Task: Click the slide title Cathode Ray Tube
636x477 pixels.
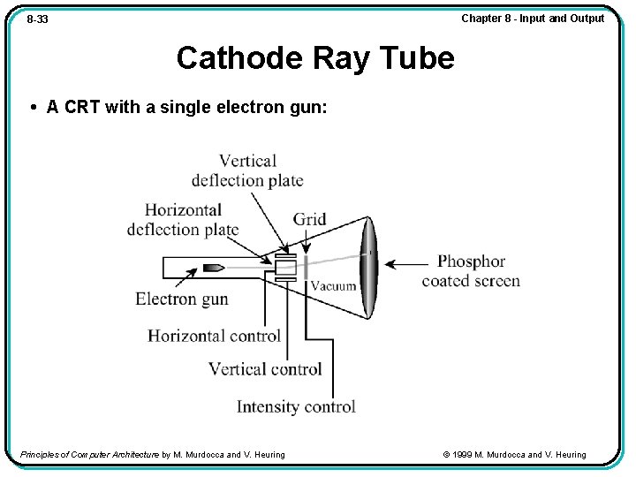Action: click(x=315, y=58)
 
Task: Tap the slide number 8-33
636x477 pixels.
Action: click(x=37, y=19)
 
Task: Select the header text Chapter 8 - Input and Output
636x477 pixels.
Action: click(x=533, y=18)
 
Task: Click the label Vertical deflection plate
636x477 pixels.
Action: click(x=247, y=170)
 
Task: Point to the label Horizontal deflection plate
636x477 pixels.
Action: click(x=183, y=220)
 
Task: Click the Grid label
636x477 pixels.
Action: click(x=309, y=219)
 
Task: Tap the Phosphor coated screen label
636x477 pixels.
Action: click(x=471, y=271)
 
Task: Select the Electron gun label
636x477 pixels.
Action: click(x=181, y=299)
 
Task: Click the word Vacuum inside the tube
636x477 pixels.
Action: click(x=333, y=285)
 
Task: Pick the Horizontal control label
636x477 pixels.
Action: click(x=214, y=336)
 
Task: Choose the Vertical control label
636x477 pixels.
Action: click(x=265, y=369)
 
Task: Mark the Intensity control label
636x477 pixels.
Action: click(x=296, y=406)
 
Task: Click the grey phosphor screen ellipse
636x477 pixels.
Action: click(x=367, y=267)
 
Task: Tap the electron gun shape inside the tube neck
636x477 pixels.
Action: click(x=215, y=267)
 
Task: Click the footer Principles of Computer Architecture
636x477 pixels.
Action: click(x=88, y=455)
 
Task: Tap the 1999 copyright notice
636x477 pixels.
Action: click(x=515, y=455)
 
